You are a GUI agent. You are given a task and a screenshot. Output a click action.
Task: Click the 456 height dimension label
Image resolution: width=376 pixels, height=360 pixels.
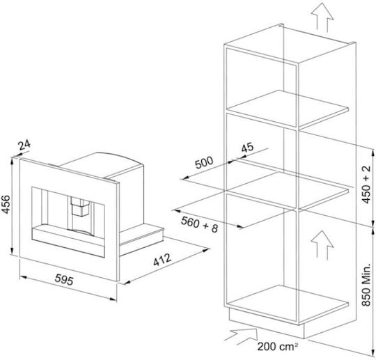6,205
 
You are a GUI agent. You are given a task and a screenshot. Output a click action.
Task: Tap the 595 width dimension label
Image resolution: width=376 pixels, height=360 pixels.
64,280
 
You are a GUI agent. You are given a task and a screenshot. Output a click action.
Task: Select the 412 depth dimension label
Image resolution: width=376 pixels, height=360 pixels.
162,260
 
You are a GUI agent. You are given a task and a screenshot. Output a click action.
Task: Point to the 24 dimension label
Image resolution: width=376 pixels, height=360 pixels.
24,145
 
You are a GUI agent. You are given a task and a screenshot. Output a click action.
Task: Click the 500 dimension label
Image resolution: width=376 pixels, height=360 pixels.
204,163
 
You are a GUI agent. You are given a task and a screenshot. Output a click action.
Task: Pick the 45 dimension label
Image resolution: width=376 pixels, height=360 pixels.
247,148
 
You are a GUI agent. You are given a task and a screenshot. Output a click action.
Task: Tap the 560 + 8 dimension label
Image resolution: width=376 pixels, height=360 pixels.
200,225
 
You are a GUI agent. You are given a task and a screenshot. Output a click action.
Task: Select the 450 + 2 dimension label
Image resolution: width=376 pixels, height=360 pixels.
366,185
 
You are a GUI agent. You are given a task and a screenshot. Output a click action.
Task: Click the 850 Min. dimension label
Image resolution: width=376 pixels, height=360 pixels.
366,285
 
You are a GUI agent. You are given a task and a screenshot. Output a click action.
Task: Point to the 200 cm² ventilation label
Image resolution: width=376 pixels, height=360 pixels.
278,347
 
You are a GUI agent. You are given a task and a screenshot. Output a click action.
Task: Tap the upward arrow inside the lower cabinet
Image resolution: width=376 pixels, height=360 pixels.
322,245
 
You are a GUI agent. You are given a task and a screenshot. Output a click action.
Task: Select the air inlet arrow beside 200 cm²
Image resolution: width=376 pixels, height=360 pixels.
241,336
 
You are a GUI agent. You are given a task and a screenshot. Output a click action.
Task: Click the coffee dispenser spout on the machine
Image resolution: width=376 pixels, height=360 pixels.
80,207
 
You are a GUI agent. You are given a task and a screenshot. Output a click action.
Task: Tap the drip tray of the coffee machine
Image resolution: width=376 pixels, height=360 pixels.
68,240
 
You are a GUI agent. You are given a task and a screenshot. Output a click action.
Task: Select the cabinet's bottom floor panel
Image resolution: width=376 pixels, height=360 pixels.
288,302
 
